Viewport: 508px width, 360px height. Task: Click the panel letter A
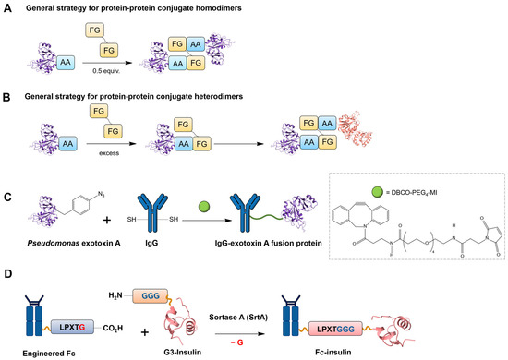click(x=7, y=8)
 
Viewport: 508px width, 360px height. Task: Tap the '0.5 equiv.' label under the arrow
click(x=106, y=71)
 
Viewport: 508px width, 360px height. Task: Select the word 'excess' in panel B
click(x=109, y=153)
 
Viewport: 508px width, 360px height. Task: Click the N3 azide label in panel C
click(x=101, y=195)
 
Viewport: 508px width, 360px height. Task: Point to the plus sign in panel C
click(x=107, y=220)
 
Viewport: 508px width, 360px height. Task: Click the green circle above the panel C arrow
click(x=204, y=207)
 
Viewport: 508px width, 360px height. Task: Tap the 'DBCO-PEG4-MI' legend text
click(x=411, y=193)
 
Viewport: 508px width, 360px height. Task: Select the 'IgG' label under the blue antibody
click(x=151, y=243)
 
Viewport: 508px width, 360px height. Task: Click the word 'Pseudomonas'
click(x=54, y=243)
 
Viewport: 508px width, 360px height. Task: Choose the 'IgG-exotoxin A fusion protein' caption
click(x=269, y=243)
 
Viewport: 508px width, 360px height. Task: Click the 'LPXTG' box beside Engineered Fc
click(x=72, y=328)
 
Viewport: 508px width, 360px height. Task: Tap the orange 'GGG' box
click(x=151, y=295)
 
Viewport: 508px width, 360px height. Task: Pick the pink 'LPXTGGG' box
click(x=335, y=329)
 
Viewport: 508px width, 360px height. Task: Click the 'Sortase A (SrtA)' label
click(x=238, y=318)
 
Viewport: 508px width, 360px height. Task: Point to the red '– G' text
click(x=236, y=342)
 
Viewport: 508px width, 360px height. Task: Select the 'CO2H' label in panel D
click(x=113, y=329)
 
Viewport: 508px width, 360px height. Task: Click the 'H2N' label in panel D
click(x=115, y=295)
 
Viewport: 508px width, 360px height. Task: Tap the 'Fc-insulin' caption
click(x=333, y=352)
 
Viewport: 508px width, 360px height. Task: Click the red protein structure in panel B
click(x=355, y=129)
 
